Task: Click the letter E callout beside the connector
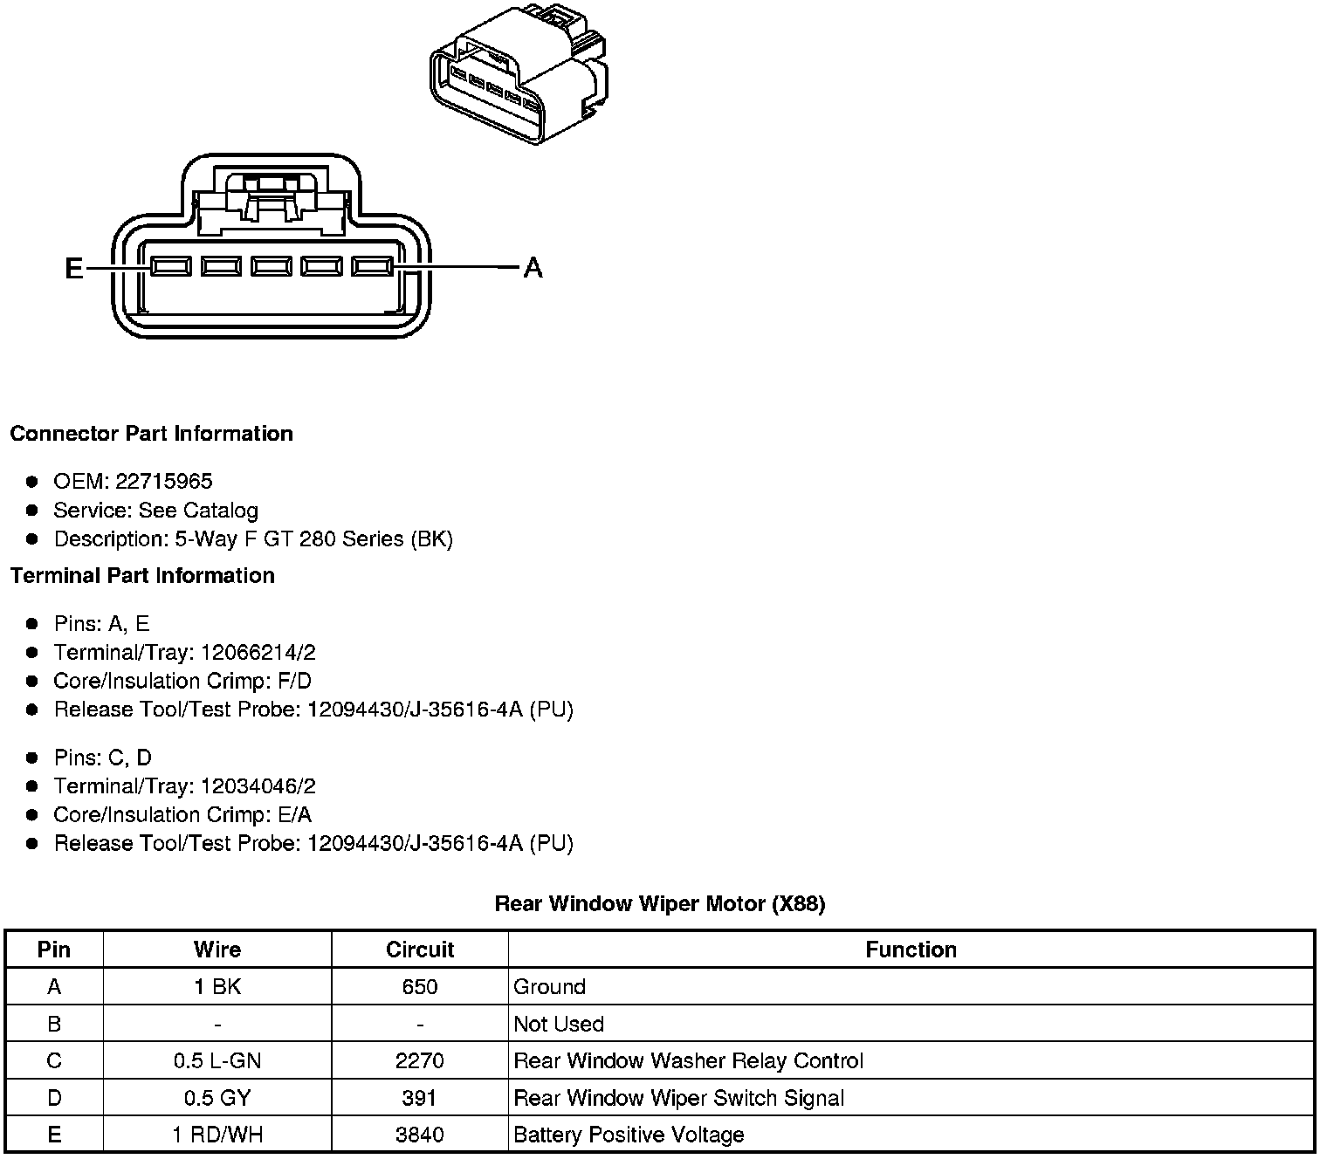click(74, 268)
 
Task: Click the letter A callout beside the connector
click(533, 268)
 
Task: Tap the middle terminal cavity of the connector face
click(272, 266)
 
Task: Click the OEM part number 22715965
click(164, 482)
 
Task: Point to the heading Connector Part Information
click(151, 434)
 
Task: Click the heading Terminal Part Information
click(142, 576)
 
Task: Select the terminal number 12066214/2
click(258, 653)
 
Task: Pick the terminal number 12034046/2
click(258, 786)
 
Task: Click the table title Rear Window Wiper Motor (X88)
click(660, 903)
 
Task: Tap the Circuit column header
click(420, 950)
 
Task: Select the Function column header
click(911, 950)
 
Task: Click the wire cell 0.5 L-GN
click(217, 1061)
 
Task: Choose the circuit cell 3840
click(420, 1135)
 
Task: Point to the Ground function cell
click(550, 987)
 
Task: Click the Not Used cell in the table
click(559, 1024)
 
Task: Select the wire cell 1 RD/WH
click(217, 1135)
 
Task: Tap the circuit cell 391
click(420, 1098)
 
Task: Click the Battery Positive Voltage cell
click(629, 1135)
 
